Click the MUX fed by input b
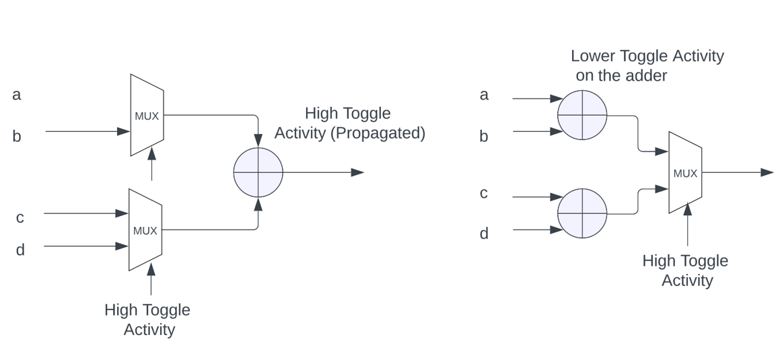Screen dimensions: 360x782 pos(147,115)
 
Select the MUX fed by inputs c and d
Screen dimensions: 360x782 pos(145,230)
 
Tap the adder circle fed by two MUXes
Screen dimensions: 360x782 pos(258,172)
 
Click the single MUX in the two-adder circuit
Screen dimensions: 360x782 pos(685,173)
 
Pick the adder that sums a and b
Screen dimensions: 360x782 pos(582,115)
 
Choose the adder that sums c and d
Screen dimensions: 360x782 pos(582,213)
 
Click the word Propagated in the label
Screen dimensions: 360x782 pos(378,133)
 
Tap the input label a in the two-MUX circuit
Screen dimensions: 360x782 pos(17,95)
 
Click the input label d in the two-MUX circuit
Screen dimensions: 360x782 pos(20,250)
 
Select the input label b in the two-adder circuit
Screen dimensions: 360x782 pos(483,137)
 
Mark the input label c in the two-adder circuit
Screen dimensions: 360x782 pos(483,194)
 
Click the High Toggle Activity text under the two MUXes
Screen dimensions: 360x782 pos(147,320)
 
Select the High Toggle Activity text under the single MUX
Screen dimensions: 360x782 pos(685,271)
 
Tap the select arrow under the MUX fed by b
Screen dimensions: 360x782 pos(151,164)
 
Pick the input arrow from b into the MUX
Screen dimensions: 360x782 pos(87,131)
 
